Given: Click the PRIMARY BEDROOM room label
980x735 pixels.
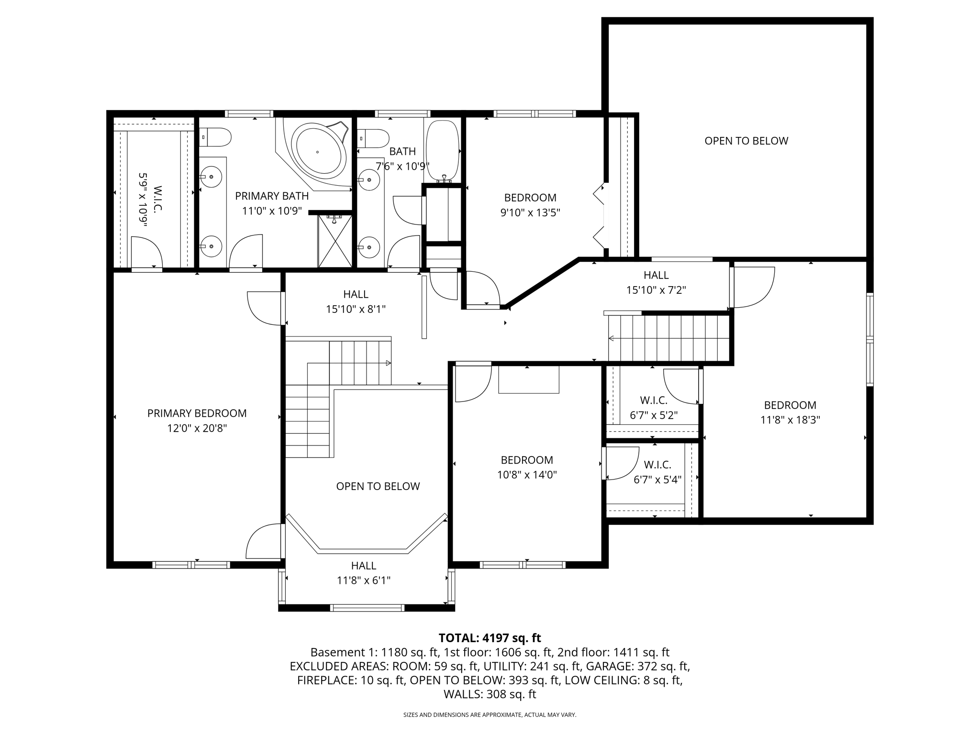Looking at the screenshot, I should coord(197,413).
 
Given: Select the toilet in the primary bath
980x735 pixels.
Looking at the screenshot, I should coord(215,137).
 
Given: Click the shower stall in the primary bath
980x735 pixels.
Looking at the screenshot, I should coord(335,241).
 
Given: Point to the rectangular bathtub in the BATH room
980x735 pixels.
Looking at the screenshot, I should coord(442,150).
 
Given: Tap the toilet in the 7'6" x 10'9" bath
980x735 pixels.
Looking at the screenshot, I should coord(373,138).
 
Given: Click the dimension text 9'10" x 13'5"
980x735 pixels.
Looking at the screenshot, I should coord(530,212).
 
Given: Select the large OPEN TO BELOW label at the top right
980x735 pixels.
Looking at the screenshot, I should coord(746,141).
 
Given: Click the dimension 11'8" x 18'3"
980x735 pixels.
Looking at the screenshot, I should coord(790,420).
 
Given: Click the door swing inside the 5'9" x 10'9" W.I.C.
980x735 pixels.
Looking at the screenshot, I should coord(146,252).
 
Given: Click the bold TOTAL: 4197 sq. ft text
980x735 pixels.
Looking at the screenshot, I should coord(490,638).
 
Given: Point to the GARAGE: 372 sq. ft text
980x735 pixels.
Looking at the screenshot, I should coord(638,666).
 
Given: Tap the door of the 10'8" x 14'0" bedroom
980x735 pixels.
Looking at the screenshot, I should coord(473,383).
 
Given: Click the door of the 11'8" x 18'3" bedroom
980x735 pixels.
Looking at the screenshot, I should coord(753,287).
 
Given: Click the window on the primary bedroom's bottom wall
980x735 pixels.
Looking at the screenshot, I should coord(191,565).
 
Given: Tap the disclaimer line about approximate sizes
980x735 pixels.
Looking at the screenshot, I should coord(490,715).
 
